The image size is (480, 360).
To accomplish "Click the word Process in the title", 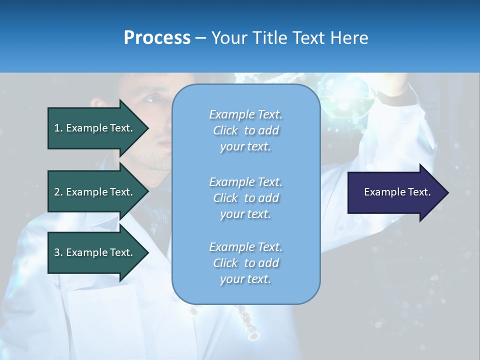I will click(x=157, y=38).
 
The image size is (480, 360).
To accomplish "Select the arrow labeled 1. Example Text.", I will click(x=95, y=128).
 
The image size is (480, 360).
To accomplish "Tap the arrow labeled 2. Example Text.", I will click(x=95, y=192).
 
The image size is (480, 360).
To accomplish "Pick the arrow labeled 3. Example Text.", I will click(x=95, y=252).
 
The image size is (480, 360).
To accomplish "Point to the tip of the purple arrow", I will click(x=447, y=192).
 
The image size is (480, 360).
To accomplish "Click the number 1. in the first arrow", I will click(x=58, y=128).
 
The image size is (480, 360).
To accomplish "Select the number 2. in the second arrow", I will click(x=58, y=192).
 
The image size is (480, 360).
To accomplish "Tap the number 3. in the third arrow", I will click(x=58, y=252).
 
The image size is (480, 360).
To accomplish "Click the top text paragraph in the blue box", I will click(x=245, y=130).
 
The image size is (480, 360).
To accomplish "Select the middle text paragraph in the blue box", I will click(x=245, y=198).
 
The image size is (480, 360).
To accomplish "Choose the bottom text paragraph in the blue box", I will click(x=245, y=263).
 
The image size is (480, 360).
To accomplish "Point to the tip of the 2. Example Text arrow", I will click(x=148, y=192).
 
